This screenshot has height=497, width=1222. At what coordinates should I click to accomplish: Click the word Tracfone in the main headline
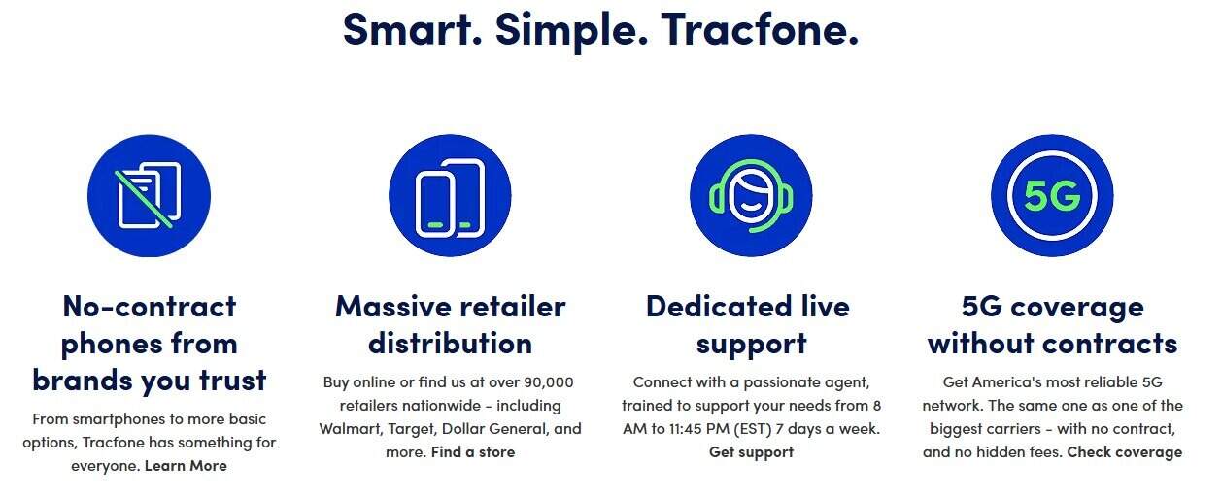pos(760,28)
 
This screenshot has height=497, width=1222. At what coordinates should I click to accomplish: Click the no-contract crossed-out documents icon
pos(149,195)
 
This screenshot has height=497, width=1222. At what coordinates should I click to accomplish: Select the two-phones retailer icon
pos(450,195)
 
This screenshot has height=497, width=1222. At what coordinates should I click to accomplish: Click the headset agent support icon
pos(751,195)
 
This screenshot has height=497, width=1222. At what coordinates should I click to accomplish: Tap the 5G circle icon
pos(1052,195)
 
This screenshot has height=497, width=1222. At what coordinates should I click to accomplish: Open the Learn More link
pos(186,466)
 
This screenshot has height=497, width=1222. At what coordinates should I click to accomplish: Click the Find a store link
pos(473,452)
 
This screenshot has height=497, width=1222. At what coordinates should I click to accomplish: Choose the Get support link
pos(751,452)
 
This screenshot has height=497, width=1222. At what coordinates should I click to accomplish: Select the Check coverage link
pos(1124,452)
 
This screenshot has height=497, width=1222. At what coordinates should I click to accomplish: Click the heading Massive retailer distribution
pos(450,324)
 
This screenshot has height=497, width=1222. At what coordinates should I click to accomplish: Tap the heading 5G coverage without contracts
pos(1052,324)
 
